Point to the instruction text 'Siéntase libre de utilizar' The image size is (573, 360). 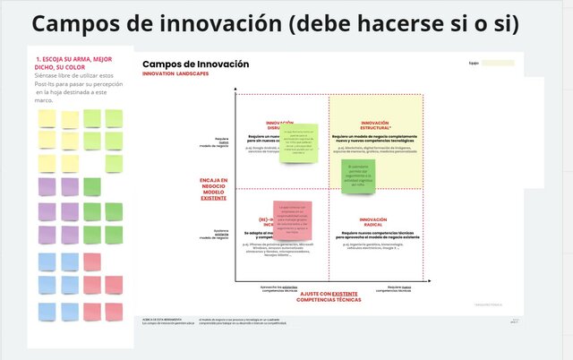tap(73, 76)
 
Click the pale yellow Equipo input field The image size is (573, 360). tap(498, 64)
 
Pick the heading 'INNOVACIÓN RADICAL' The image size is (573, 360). tap(373, 221)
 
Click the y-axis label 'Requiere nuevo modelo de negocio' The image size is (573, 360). tap(218, 141)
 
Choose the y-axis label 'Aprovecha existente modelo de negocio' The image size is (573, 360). tap(218, 234)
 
